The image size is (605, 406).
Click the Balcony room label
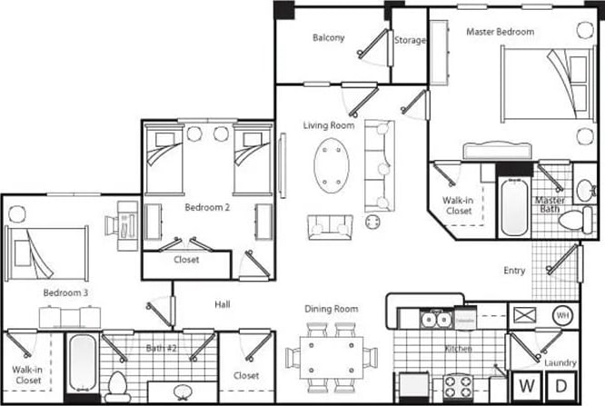tap(328, 37)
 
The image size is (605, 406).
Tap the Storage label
tap(410, 40)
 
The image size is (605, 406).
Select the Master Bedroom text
tap(500, 32)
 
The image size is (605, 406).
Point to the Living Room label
tap(328, 124)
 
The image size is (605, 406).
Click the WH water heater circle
tap(562, 314)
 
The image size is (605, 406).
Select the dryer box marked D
tap(561, 383)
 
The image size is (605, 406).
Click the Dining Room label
tap(332, 309)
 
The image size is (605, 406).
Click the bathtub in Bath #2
tap(82, 363)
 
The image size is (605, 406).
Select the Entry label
tap(514, 270)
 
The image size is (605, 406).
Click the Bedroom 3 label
tap(65, 293)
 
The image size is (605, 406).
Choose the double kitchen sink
tap(431, 319)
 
